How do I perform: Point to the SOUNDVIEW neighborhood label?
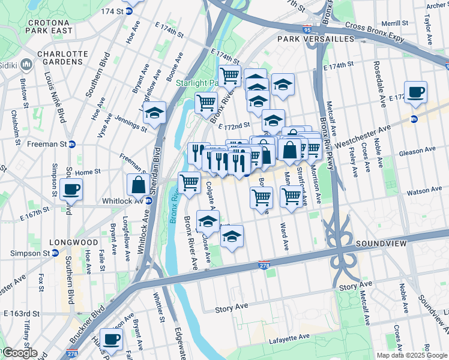tap(381, 244)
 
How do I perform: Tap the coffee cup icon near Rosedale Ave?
tap(415, 92)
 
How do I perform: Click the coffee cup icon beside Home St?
tap(71, 190)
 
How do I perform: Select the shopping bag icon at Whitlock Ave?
tap(138, 184)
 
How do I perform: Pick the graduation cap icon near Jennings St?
tap(154, 113)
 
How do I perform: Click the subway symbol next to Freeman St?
tap(72, 144)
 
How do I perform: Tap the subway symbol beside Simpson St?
tap(55, 253)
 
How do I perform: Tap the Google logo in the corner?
tap(19, 353)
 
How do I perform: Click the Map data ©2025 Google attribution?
tap(412, 355)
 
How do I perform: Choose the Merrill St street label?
tap(394, 23)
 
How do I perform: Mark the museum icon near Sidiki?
tap(26, 64)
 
